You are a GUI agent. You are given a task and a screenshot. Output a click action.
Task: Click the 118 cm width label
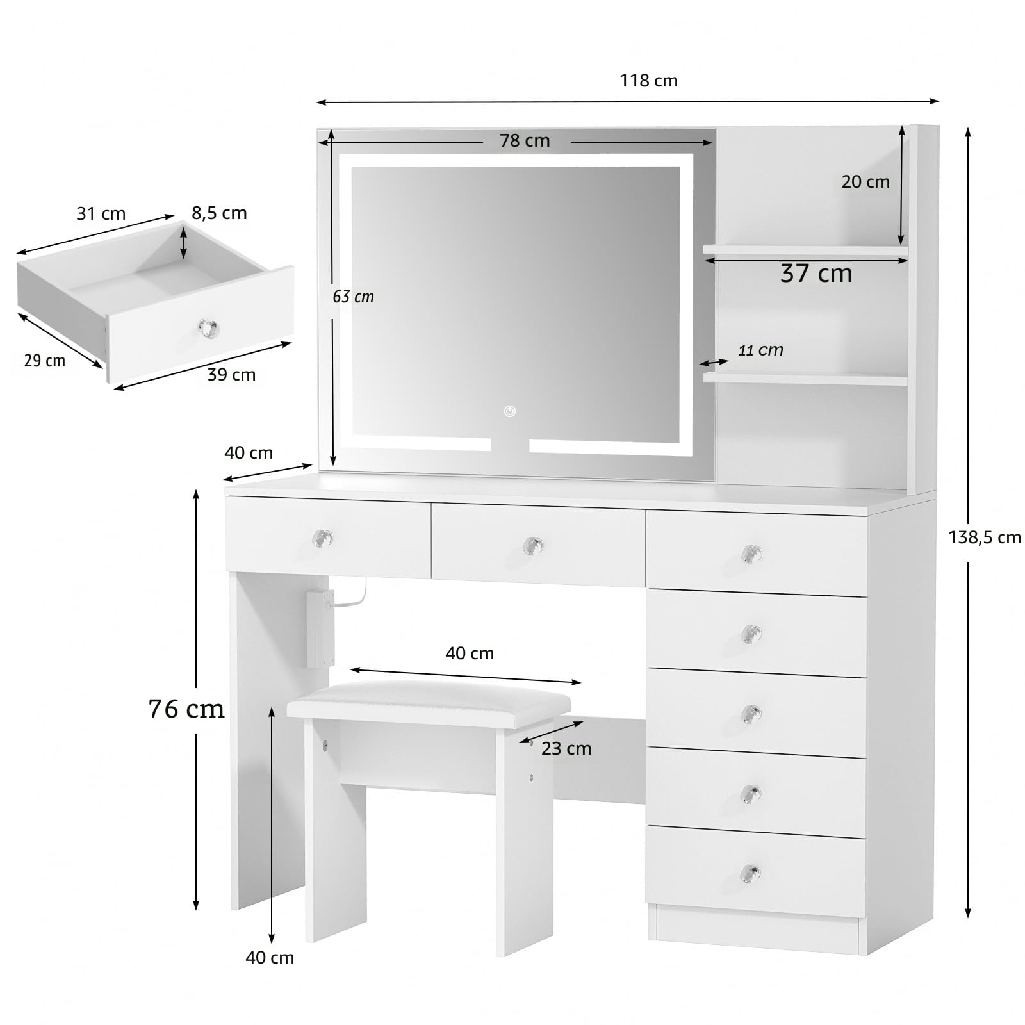(648, 81)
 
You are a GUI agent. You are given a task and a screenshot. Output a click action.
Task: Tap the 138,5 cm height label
(985, 537)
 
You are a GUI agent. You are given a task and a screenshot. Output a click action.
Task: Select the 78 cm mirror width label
(525, 141)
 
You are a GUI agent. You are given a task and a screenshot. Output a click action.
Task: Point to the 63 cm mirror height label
(353, 297)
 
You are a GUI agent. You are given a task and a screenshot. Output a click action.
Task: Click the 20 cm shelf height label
(865, 182)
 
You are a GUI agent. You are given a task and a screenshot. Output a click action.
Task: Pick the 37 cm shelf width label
(816, 274)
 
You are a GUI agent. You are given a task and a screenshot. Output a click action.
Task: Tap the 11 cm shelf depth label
(760, 350)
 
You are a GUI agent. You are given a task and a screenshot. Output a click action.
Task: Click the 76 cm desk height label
(186, 709)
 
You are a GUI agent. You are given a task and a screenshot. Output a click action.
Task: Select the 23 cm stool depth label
(566, 748)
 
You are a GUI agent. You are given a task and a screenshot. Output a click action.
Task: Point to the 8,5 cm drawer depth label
(219, 213)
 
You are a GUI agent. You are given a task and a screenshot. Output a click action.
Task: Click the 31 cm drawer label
(101, 214)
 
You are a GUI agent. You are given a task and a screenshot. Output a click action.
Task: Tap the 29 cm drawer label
(45, 361)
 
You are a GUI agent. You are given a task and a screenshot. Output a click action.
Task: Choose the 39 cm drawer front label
(231, 375)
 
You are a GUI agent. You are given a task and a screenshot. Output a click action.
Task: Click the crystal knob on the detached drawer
(208, 329)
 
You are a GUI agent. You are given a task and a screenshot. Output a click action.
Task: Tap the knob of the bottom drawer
(750, 873)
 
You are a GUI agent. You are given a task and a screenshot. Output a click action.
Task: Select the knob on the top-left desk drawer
(323, 538)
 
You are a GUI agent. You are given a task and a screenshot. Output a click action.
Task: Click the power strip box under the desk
(320, 628)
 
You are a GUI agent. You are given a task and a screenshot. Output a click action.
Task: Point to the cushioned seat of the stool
(429, 701)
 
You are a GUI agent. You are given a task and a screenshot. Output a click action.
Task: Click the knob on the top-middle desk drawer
(533, 546)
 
